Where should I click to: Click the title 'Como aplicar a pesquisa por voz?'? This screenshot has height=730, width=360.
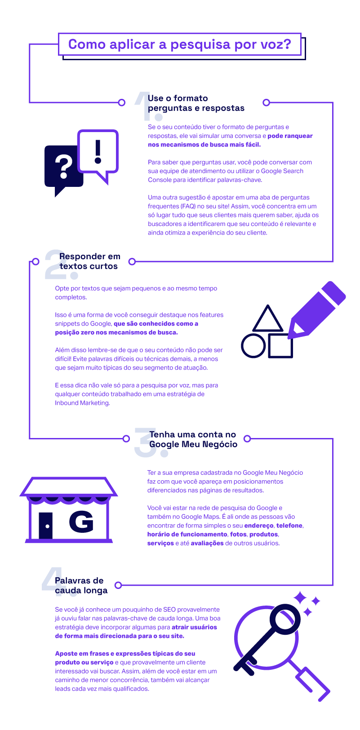(x=179, y=44)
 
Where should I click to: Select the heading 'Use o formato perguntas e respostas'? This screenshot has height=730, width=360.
(x=196, y=103)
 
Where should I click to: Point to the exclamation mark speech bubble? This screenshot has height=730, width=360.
(x=98, y=152)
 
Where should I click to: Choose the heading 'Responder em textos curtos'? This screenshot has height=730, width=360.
(x=89, y=261)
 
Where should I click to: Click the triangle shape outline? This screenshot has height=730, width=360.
(x=268, y=319)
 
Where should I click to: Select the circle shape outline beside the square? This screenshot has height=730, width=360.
(x=253, y=346)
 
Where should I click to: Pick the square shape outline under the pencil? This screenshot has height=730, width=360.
(x=280, y=346)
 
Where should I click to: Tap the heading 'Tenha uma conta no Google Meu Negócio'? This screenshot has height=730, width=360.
(x=193, y=439)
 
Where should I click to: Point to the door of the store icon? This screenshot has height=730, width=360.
(x=46, y=525)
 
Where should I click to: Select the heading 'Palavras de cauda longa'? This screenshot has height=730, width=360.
(x=81, y=585)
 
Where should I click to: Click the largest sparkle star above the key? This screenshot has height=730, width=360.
(x=299, y=598)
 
